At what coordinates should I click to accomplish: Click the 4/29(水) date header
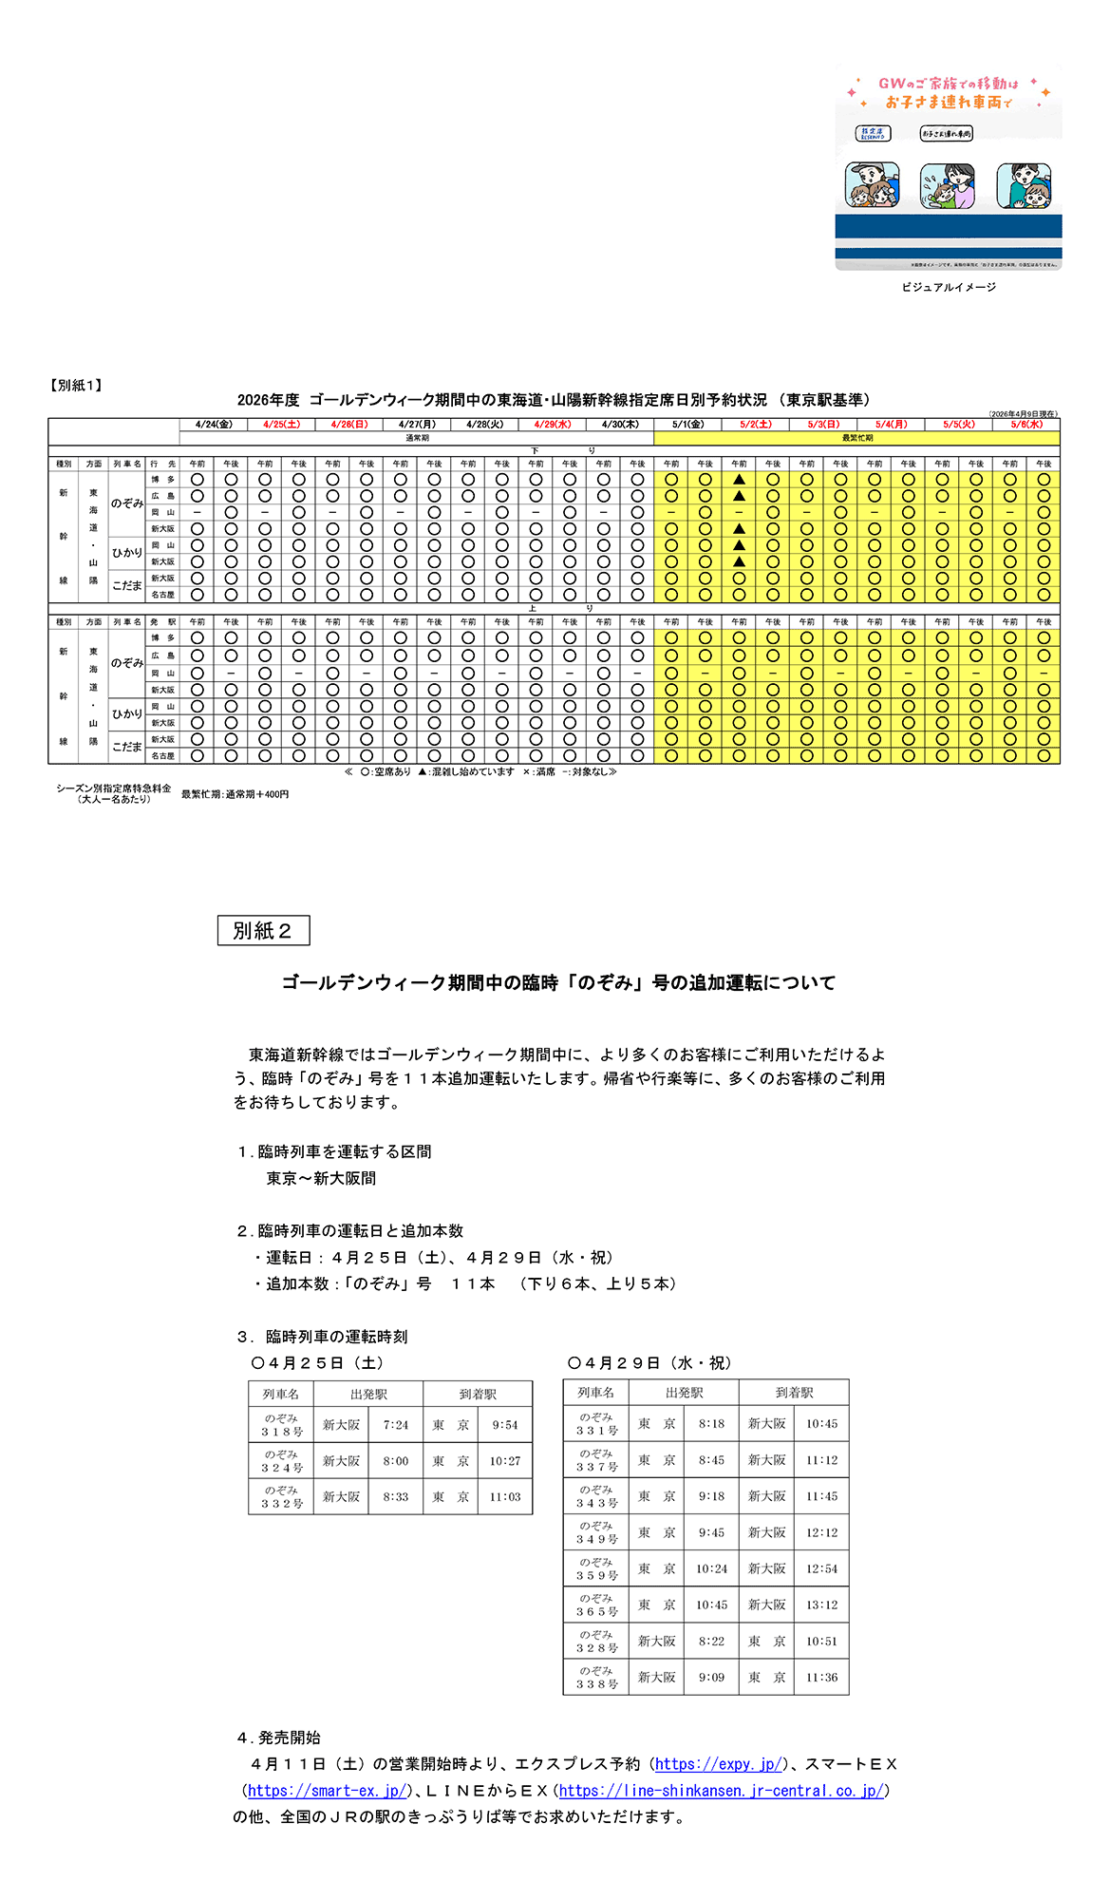point(553,425)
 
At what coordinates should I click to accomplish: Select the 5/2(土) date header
point(756,425)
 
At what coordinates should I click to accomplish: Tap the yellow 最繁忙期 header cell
point(856,438)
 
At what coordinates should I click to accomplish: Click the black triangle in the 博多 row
point(739,480)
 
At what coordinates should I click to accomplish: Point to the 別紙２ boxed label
point(263,931)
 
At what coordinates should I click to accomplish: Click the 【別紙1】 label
point(76,385)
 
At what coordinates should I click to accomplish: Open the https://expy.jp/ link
point(719,1764)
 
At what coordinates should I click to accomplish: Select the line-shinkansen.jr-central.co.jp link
point(722,1791)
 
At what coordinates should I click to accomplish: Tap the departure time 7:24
point(396,1425)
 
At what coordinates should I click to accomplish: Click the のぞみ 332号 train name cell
point(282,1497)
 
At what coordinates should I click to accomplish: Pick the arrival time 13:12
point(821,1605)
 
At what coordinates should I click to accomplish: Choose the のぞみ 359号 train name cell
point(596,1568)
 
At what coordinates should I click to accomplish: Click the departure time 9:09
point(711,1677)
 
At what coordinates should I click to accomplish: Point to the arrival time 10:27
point(505,1461)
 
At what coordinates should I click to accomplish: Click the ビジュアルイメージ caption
point(949,287)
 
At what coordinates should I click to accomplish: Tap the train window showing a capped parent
point(872,185)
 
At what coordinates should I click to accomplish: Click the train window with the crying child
point(947,185)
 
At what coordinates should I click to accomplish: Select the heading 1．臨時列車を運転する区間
point(334,1151)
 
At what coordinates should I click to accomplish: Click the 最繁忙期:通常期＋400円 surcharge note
point(235,794)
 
